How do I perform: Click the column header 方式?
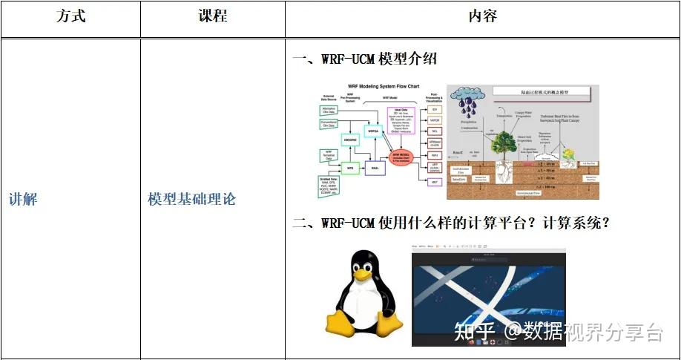pyautogui.click(x=70, y=16)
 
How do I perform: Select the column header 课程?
pyautogui.click(x=213, y=16)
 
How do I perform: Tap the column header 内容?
pyautogui.click(x=482, y=16)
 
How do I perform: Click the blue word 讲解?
pyautogui.click(x=23, y=200)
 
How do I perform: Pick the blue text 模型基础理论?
pyautogui.click(x=191, y=200)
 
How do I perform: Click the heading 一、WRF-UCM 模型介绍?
pyautogui.click(x=364, y=59)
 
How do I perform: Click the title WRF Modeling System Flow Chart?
pyautogui.click(x=378, y=87)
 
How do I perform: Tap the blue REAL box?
pyautogui.click(x=375, y=168)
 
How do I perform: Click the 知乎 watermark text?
pyautogui.click(x=476, y=332)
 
